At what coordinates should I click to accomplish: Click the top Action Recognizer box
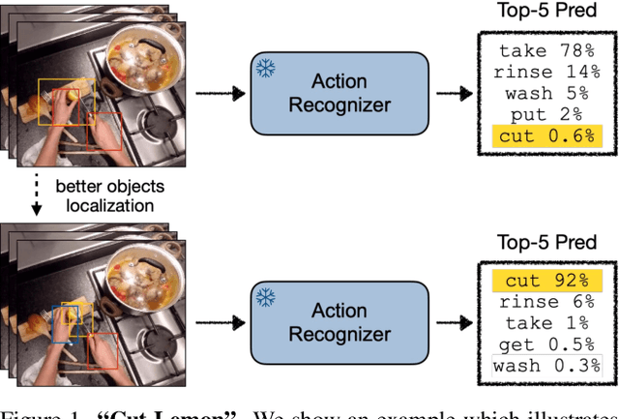coord(338,94)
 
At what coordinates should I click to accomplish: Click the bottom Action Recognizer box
coord(338,322)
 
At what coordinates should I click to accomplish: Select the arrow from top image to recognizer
coord(217,94)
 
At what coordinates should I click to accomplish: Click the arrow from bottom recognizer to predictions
coord(454,322)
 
